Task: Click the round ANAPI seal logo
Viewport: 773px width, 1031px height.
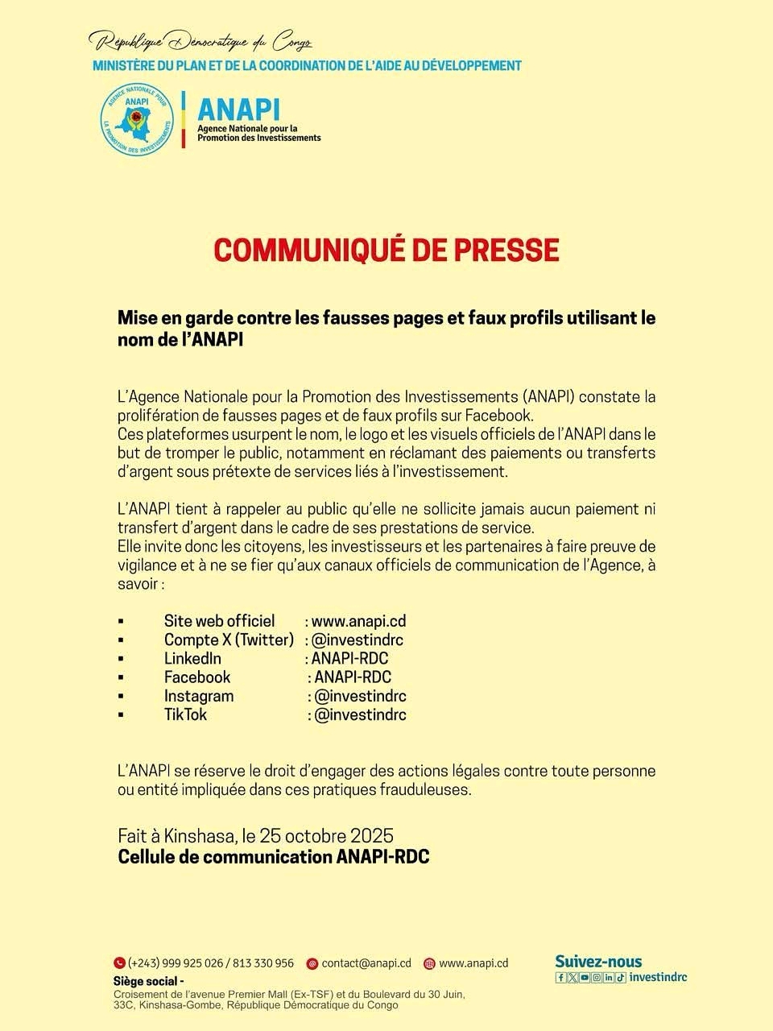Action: (137, 120)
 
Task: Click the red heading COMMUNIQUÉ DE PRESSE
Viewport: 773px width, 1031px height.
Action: (386, 250)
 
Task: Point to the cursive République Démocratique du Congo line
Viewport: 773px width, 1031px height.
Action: (200, 40)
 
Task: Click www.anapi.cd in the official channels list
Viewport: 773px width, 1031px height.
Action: (358, 621)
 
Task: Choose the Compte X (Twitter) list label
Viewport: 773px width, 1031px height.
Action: (229, 640)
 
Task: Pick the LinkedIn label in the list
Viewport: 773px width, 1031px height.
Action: (192, 658)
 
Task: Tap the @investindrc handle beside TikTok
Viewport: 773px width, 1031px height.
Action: (360, 714)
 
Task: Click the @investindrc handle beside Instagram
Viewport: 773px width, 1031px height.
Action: (360, 696)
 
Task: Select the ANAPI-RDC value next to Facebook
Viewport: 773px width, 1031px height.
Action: (353, 677)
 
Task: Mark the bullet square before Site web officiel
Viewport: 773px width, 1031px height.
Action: (121, 622)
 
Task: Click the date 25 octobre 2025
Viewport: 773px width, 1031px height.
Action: (327, 835)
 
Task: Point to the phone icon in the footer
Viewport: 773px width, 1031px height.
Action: (119, 963)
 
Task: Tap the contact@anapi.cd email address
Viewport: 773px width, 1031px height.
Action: (366, 963)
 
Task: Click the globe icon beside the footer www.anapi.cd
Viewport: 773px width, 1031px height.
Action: (429, 963)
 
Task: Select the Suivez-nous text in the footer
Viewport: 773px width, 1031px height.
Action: (598, 961)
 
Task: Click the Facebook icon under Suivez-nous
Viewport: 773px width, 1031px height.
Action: (561, 978)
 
